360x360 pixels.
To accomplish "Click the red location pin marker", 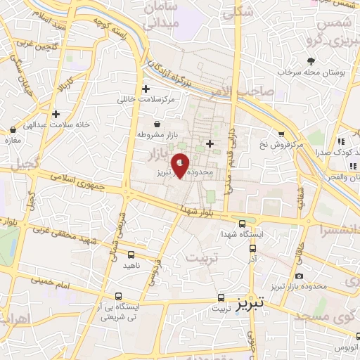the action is [x=181, y=166].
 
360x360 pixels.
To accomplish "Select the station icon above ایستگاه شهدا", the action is [x=242, y=221].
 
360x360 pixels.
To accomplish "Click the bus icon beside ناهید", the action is [x=131, y=255].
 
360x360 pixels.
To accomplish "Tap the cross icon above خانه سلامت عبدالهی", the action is [x=56, y=114].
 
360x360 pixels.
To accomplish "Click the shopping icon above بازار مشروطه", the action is [x=156, y=123].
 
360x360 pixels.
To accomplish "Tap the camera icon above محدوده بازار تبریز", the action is [x=300, y=276].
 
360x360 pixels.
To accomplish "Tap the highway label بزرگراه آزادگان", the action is [x=173, y=72].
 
